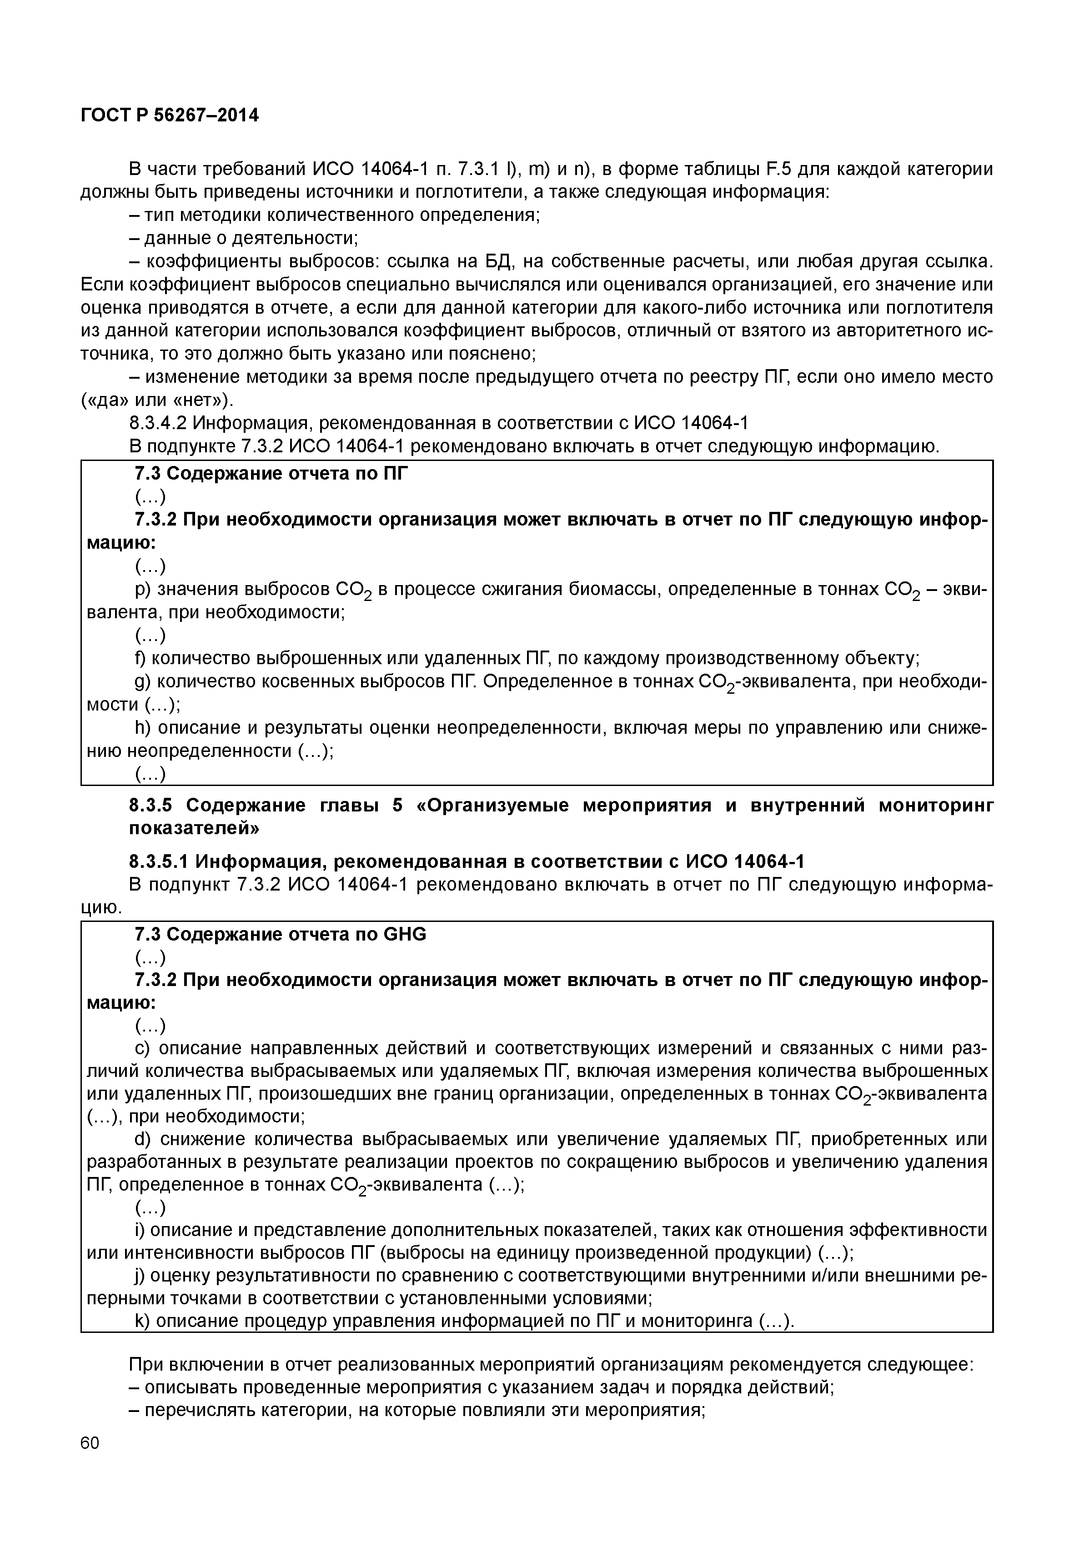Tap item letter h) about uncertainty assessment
[142, 727]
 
